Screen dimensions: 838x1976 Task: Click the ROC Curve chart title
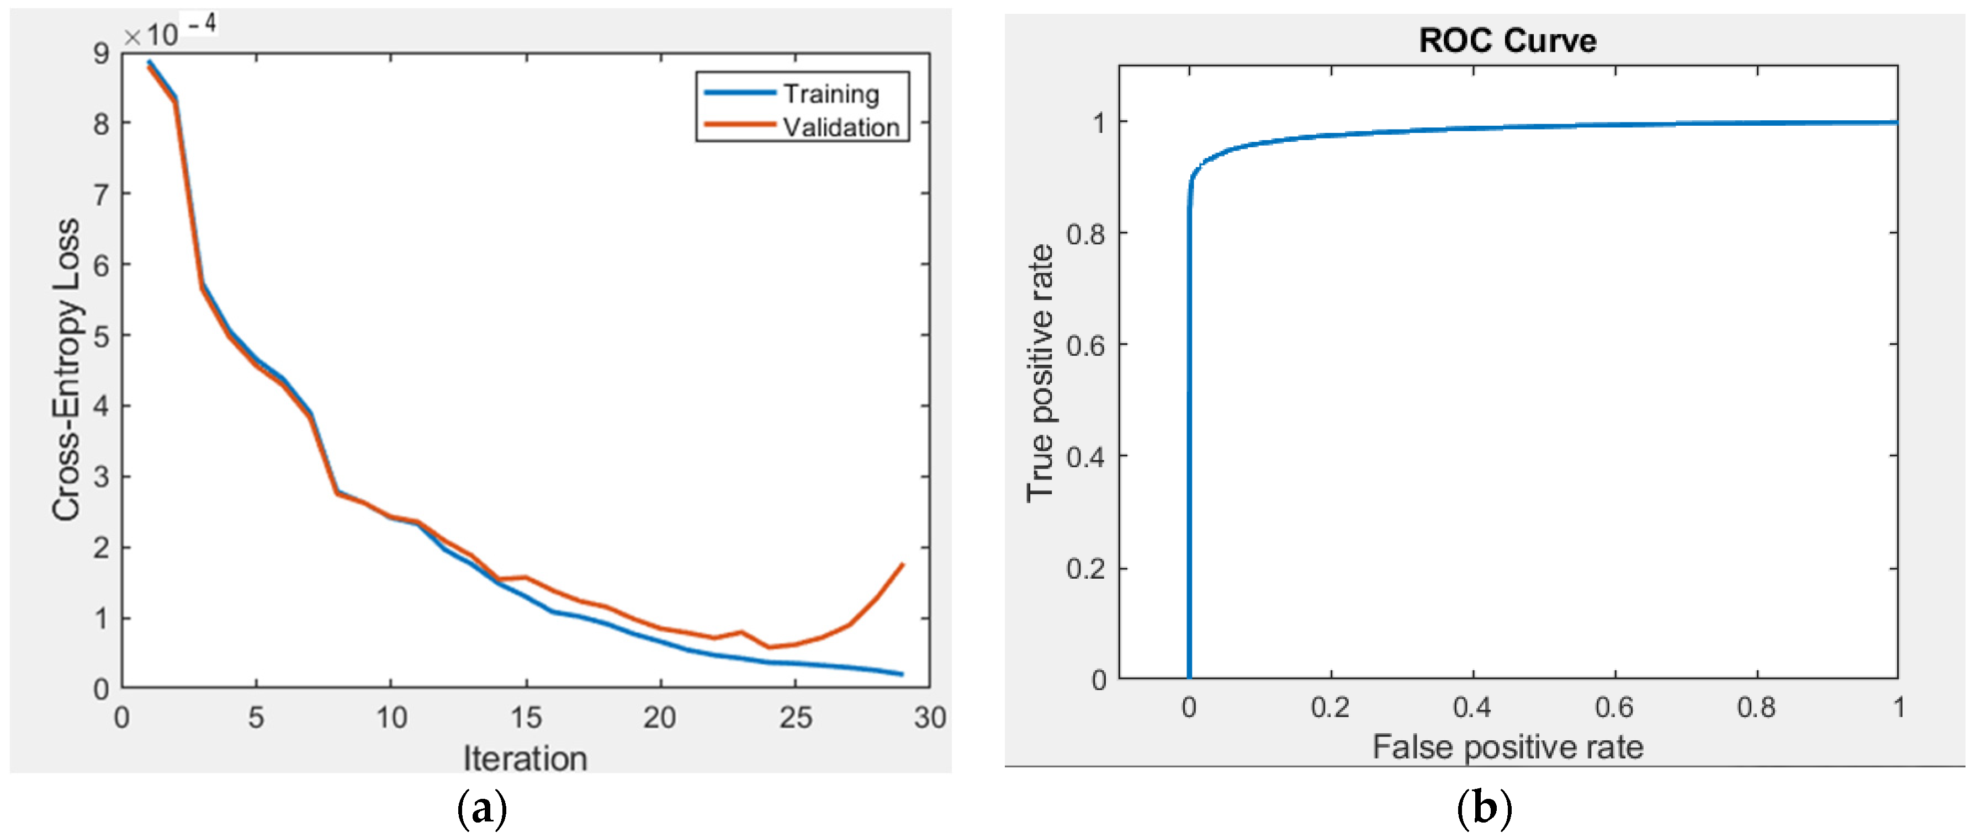click(x=1507, y=40)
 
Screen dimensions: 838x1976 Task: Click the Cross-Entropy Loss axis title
click(x=67, y=370)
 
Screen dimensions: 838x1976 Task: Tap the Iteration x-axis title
click(x=525, y=758)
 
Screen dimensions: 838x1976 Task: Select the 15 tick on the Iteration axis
click(x=526, y=718)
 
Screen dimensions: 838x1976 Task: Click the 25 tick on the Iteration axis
click(x=796, y=718)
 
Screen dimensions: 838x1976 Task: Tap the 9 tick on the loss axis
click(x=101, y=54)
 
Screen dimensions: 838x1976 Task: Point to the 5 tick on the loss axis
click(x=101, y=336)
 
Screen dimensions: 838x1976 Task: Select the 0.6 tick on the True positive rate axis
click(x=1085, y=345)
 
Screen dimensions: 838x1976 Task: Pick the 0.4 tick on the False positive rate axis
click(x=1471, y=707)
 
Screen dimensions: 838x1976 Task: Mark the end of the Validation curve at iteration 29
click(x=903, y=565)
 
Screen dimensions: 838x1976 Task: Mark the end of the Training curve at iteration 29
click(x=903, y=674)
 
